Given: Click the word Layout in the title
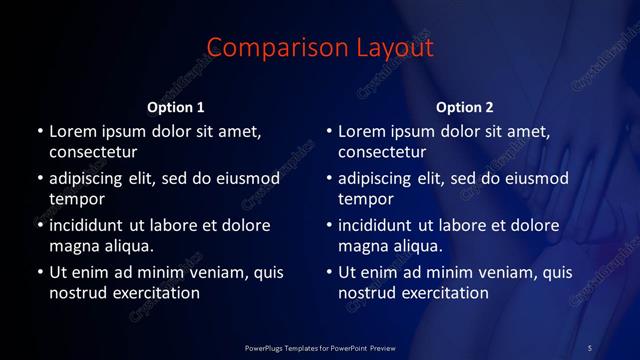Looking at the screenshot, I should [x=391, y=47].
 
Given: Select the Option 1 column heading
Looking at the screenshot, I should [x=176, y=106].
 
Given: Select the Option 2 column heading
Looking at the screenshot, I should [x=465, y=106].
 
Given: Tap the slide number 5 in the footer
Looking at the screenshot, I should [x=590, y=347].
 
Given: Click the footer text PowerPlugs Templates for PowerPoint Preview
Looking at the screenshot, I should [x=320, y=347].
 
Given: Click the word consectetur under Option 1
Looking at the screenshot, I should [x=92, y=152].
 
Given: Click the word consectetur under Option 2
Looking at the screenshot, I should [x=382, y=152].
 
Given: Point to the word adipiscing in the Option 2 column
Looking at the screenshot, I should [x=381, y=178].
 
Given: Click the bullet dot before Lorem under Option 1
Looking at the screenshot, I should [x=40, y=131].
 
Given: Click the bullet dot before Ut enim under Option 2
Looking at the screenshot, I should [x=330, y=271].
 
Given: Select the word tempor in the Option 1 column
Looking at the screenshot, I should [x=76, y=198].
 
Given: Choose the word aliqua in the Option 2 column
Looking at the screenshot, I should [x=415, y=245].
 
